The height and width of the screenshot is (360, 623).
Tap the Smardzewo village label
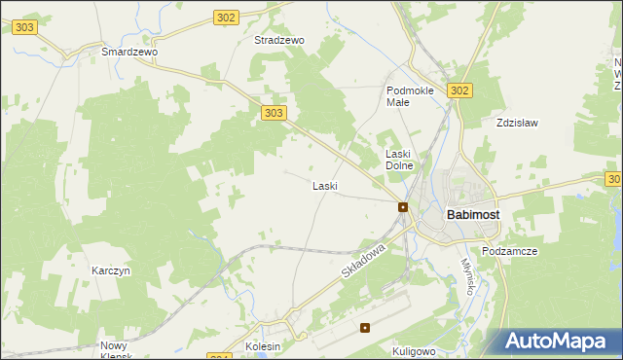(129, 52)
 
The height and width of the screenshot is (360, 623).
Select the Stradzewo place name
(279, 41)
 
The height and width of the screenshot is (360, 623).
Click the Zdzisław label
(517, 124)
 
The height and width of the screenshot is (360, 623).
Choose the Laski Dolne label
(400, 160)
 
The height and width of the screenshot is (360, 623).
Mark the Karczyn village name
(111, 270)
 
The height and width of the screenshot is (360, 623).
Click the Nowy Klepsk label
(120, 349)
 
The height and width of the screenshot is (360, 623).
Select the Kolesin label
(263, 346)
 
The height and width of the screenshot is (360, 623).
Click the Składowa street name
(364, 265)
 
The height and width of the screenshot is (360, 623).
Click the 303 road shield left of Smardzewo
(25, 27)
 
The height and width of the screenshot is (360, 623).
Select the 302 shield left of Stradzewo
(226, 17)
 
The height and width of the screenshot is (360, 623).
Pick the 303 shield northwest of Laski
(274, 113)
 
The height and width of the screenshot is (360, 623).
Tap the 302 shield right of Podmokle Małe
(460, 90)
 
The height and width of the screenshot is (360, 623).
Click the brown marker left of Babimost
(402, 207)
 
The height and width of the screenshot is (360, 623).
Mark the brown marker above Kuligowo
(365, 328)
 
